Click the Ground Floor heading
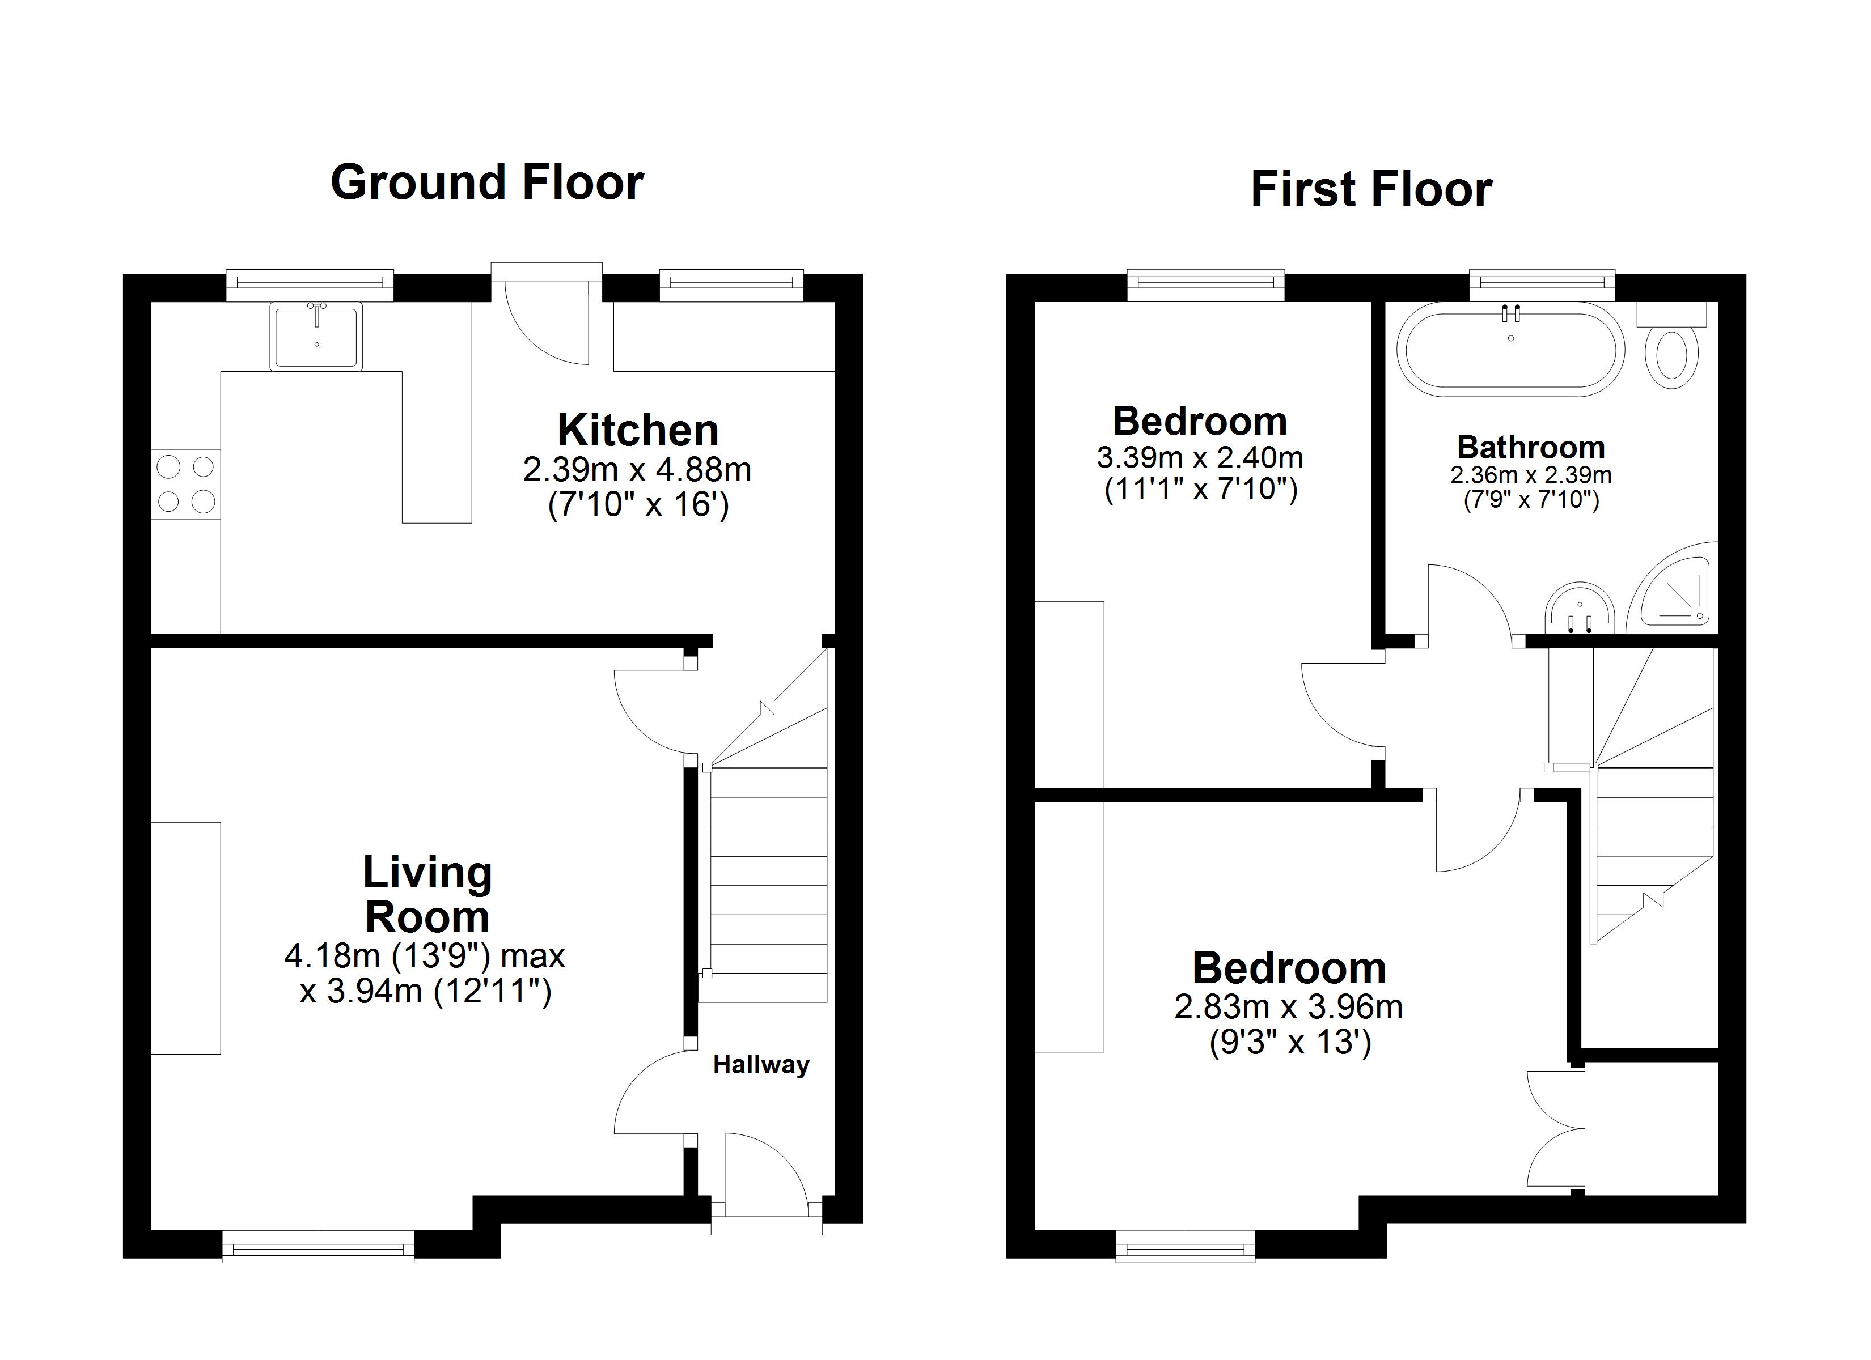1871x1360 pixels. [486, 182]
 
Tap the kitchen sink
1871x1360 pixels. [316, 335]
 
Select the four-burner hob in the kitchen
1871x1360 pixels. [185, 484]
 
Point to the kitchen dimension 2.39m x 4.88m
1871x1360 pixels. [637, 470]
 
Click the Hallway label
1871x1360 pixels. [761, 1065]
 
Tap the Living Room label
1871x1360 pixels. [427, 895]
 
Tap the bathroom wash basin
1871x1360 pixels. [1579, 609]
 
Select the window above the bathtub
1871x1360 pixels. [1541, 283]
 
